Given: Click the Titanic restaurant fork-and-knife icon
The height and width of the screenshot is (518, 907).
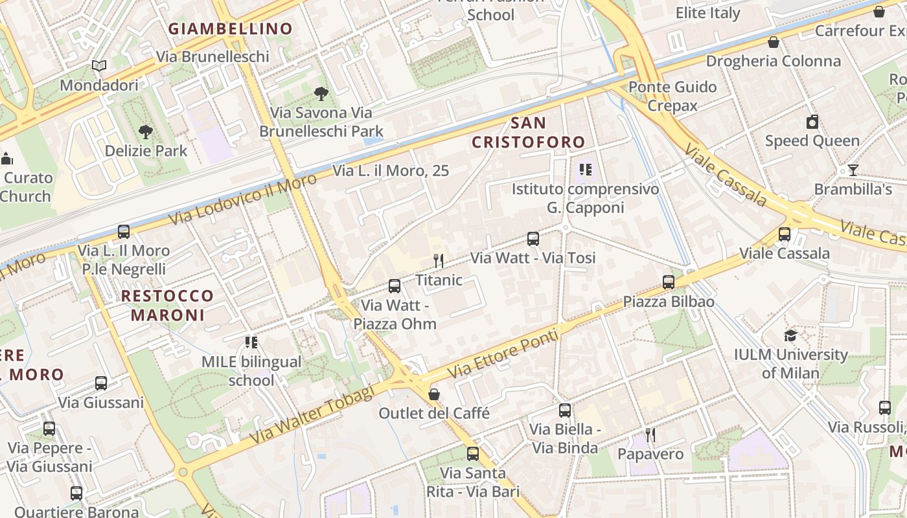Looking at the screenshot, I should click(439, 261).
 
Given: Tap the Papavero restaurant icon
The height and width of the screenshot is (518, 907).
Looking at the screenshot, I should click(650, 435).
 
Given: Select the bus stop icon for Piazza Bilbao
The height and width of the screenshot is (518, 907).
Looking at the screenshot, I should click(668, 282).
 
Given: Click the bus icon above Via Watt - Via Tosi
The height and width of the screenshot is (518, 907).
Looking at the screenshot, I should click(533, 239).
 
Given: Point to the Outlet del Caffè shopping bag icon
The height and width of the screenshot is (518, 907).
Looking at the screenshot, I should click(434, 394).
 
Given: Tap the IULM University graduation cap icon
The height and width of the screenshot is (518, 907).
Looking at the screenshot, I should click(790, 335).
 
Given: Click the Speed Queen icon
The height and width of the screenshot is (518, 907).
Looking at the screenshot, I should click(812, 122).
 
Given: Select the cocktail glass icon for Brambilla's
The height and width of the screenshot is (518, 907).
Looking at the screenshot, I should click(853, 170).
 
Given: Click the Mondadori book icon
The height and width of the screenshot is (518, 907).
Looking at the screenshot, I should click(99, 66).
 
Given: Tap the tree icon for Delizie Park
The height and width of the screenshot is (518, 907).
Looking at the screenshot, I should click(146, 132).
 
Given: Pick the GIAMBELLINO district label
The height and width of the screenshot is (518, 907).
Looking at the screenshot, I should click(231, 28).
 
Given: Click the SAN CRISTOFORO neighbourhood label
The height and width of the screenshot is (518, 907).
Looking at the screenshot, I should click(528, 132).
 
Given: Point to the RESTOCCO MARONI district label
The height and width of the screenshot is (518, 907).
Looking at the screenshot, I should click(167, 306).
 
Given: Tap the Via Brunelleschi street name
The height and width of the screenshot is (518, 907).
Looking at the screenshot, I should click(212, 56).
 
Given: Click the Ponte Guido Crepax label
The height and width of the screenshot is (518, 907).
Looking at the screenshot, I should click(672, 96).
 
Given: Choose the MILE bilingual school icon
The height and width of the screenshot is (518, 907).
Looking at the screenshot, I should click(251, 342).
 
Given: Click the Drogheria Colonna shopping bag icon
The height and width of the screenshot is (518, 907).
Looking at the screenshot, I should click(773, 43).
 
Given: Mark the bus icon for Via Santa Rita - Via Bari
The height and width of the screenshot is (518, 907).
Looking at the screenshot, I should click(473, 454).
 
